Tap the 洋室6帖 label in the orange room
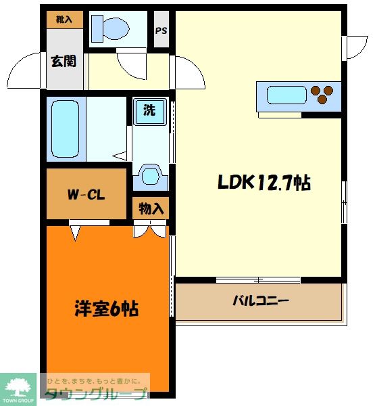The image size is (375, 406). tap(106, 309)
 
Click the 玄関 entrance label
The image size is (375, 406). tap(63, 61)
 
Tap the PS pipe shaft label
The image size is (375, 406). tap(161, 30)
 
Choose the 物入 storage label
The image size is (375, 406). tap(151, 208)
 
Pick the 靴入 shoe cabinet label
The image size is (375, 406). tap(65, 19)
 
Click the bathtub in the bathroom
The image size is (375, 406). tap(66, 129)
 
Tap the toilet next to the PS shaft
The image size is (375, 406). tap(111, 28)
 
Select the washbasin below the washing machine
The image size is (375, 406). tap(149, 177)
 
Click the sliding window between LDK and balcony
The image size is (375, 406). tap(258, 279)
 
